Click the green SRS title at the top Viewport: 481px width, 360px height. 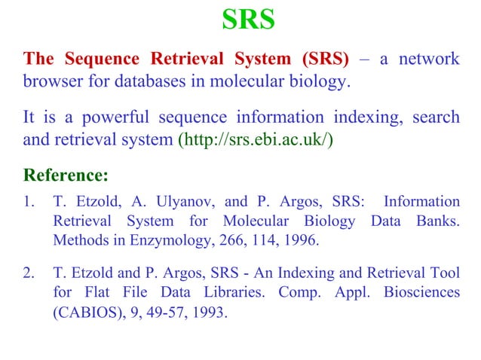coord(248,21)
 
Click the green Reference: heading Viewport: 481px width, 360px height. coord(66,176)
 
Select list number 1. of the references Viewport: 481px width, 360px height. coord(29,202)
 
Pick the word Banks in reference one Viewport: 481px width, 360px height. coord(436,221)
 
